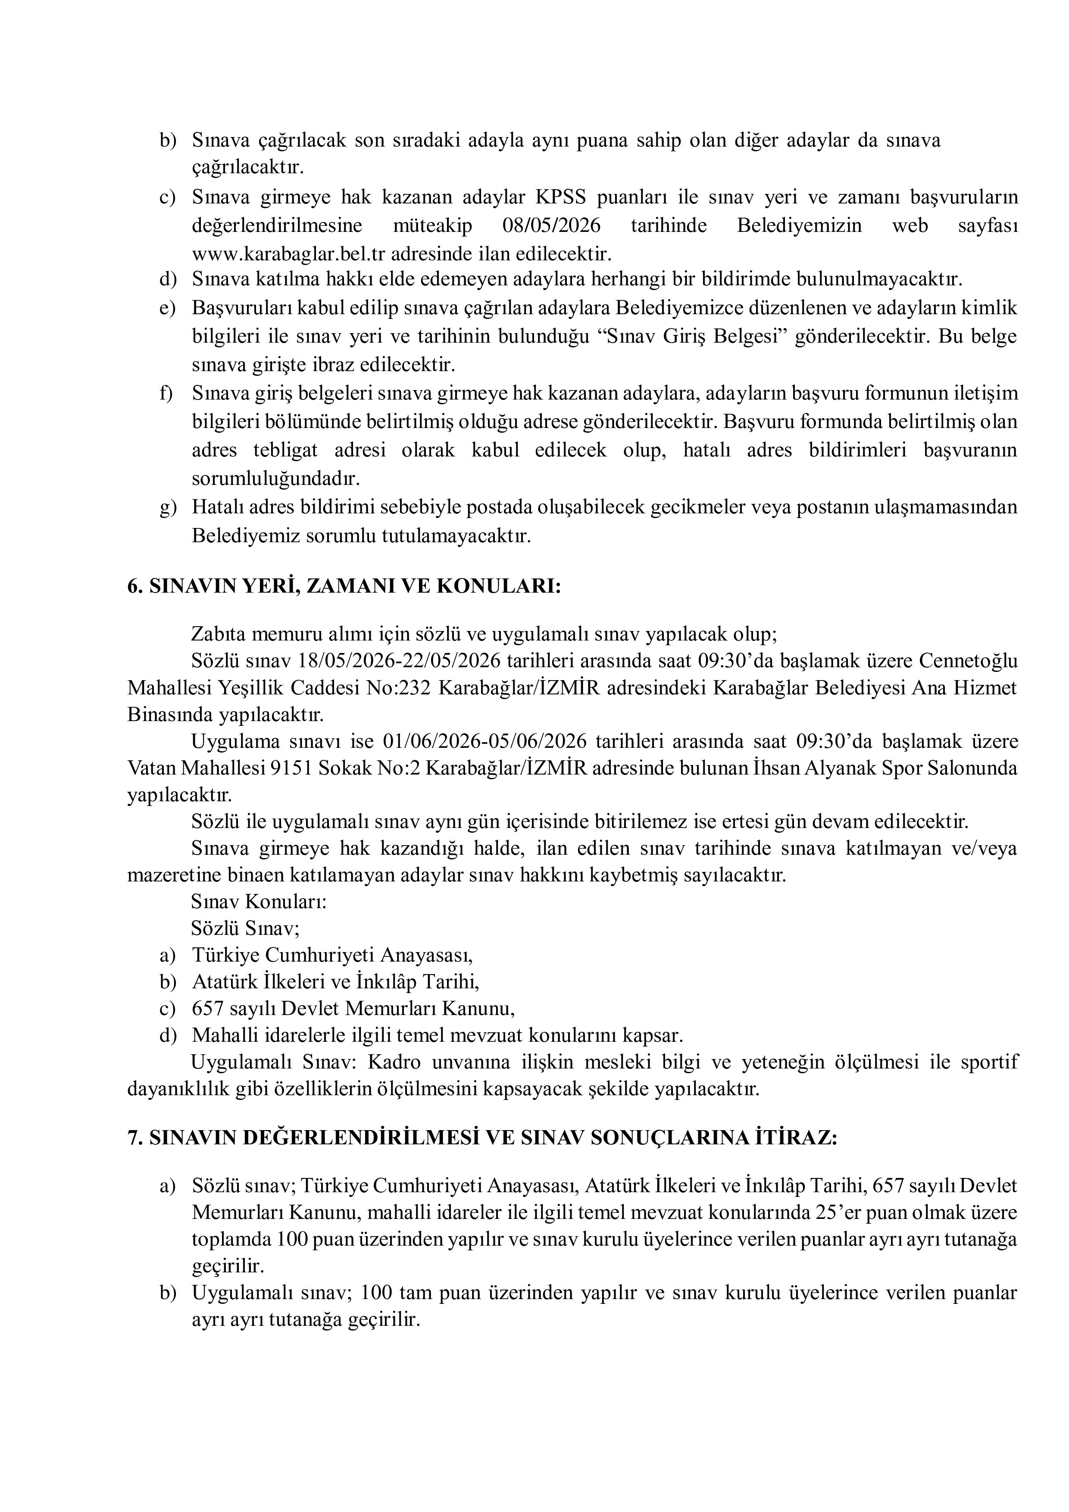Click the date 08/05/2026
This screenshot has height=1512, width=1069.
(x=551, y=226)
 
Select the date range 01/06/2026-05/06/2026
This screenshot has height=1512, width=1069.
(x=485, y=741)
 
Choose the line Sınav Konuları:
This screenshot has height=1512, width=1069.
(x=259, y=902)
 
